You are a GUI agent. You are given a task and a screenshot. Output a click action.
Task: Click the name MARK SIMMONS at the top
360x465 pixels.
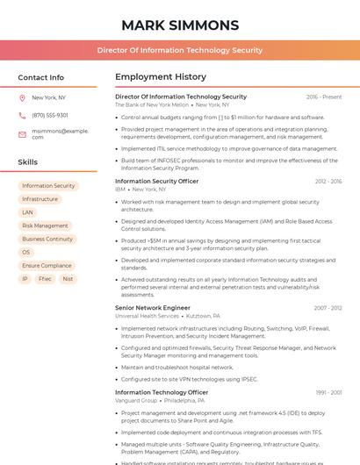(x=180, y=25)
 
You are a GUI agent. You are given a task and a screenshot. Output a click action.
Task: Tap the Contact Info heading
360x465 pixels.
(x=40, y=77)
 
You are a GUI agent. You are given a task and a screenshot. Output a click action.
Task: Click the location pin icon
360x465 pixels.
(x=22, y=98)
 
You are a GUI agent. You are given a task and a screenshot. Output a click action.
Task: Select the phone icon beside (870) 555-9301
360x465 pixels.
(x=22, y=115)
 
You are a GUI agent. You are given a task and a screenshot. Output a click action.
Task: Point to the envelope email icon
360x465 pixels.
(x=22, y=134)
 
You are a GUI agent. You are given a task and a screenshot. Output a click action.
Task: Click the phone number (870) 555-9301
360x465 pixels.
(x=50, y=115)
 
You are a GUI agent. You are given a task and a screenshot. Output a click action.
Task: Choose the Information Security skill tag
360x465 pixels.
(x=48, y=186)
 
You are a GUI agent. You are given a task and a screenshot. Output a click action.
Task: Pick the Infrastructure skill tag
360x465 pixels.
(x=40, y=199)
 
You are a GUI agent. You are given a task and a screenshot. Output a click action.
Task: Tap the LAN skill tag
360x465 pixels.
(x=27, y=212)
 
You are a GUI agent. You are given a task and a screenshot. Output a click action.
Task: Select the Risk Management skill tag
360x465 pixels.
(x=45, y=225)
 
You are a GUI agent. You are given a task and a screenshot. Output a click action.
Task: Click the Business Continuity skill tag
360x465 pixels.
(x=47, y=239)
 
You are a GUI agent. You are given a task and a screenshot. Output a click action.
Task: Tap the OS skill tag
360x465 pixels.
(x=25, y=252)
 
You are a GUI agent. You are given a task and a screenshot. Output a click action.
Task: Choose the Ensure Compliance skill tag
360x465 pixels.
(x=47, y=265)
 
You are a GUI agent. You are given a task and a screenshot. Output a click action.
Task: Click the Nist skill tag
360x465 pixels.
(x=68, y=279)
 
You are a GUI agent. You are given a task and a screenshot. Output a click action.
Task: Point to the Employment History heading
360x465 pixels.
(x=161, y=77)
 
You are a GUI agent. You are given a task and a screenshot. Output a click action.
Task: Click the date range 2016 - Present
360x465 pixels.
(x=324, y=97)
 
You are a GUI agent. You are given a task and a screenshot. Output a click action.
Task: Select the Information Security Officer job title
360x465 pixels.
(x=156, y=181)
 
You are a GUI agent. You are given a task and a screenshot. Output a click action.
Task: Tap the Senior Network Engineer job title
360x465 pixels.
(x=153, y=308)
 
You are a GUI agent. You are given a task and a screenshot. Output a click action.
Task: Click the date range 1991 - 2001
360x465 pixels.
(x=328, y=392)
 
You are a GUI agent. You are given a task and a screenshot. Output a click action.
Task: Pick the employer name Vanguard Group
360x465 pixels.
(x=136, y=400)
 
